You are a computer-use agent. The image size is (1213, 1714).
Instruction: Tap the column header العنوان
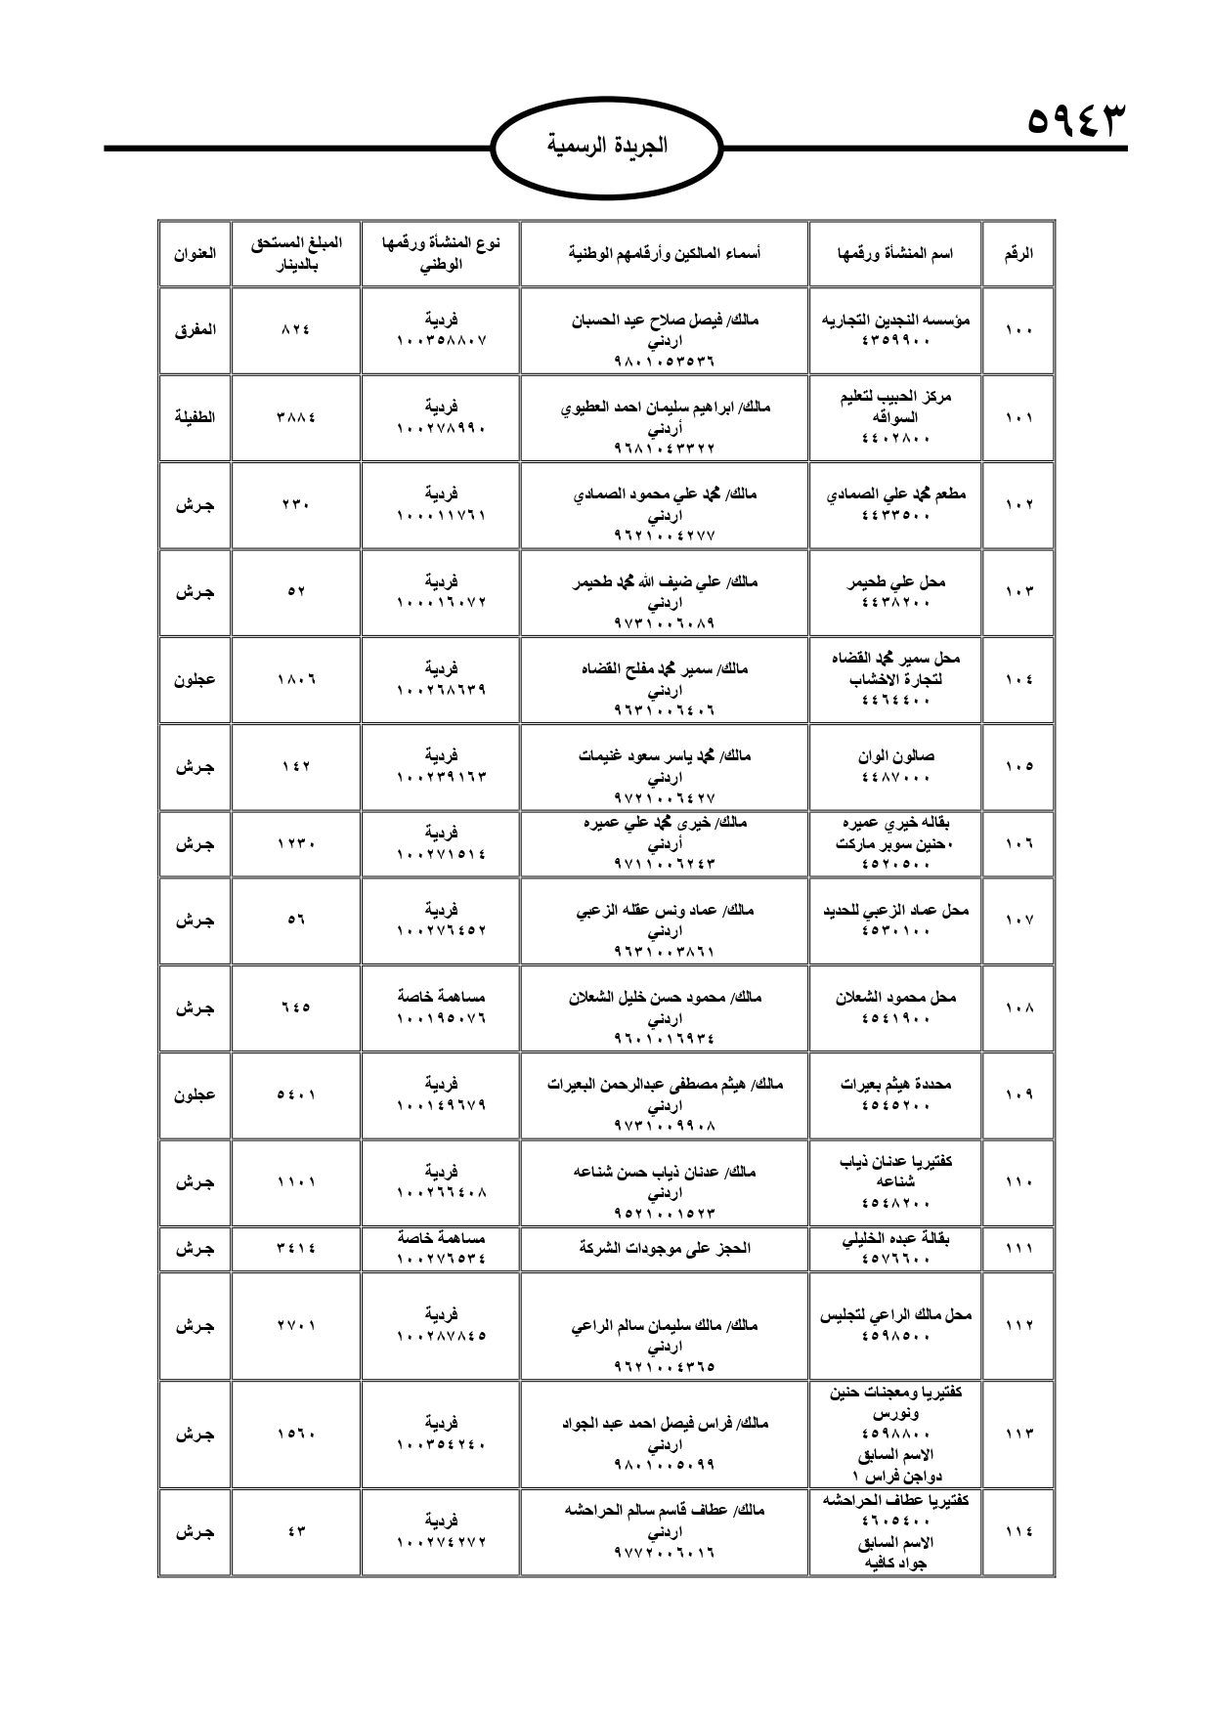pos(195,253)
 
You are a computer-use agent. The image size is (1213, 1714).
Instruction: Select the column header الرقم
pos(1018,253)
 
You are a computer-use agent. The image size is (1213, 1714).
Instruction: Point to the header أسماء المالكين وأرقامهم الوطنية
pos(665,253)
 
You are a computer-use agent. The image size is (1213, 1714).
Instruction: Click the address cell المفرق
pos(195,329)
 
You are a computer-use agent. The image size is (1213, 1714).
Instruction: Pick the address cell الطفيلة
pos(195,416)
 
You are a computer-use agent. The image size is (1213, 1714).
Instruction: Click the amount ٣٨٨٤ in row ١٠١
pos(295,417)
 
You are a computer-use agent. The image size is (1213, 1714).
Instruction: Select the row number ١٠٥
pos(1018,766)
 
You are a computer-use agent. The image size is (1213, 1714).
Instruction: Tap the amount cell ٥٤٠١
pos(295,1095)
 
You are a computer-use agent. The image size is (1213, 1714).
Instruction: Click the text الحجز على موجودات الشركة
pos(665,1248)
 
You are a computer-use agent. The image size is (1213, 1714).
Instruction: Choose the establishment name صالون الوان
pos(895,755)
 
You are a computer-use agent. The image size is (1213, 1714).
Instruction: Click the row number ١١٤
pos(1018,1531)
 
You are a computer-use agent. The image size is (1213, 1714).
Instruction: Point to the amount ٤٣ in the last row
pos(296,1532)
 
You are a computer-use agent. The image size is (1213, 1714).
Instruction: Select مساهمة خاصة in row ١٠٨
pos(441,997)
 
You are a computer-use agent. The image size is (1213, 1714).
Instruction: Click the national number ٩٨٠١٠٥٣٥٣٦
pos(664,361)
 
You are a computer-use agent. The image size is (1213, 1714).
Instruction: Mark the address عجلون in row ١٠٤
pos(195,679)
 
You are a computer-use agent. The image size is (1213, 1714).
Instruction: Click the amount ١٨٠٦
pos(295,679)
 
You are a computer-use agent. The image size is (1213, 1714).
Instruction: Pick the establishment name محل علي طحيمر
pos(895,581)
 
